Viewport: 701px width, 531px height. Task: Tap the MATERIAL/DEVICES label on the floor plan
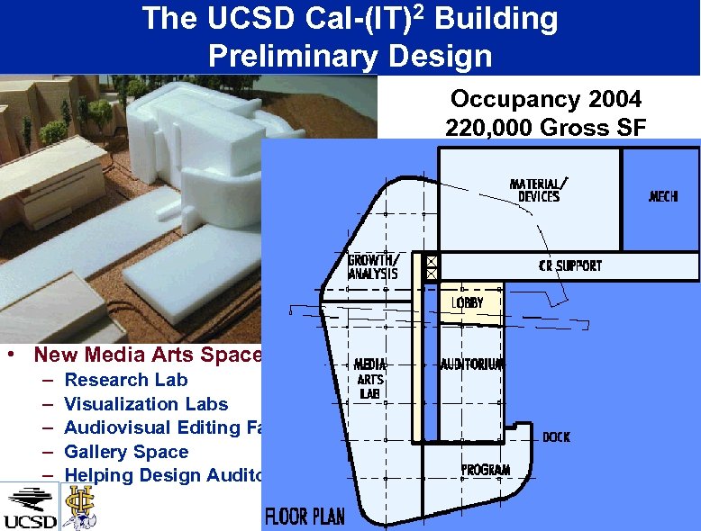(539, 190)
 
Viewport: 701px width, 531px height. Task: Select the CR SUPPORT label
(569, 265)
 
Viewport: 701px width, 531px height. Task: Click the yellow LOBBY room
(468, 304)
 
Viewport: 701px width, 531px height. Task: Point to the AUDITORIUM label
(471, 364)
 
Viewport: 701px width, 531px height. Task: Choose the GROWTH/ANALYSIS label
(372, 268)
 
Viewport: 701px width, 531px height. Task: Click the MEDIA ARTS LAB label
(369, 379)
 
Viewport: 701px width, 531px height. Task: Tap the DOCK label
(556, 436)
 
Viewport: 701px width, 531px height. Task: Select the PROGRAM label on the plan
(486, 470)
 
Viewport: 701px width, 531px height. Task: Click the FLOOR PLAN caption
(304, 517)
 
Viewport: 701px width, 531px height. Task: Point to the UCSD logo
(30, 507)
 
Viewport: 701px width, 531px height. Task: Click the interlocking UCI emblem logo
(79, 505)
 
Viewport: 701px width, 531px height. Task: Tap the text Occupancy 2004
(545, 99)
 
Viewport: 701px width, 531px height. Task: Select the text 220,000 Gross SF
(545, 128)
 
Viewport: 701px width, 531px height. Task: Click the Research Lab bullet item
(126, 380)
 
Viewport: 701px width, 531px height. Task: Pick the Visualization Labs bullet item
(146, 404)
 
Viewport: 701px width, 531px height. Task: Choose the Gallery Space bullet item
(126, 452)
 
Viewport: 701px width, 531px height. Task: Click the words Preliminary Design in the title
(350, 56)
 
